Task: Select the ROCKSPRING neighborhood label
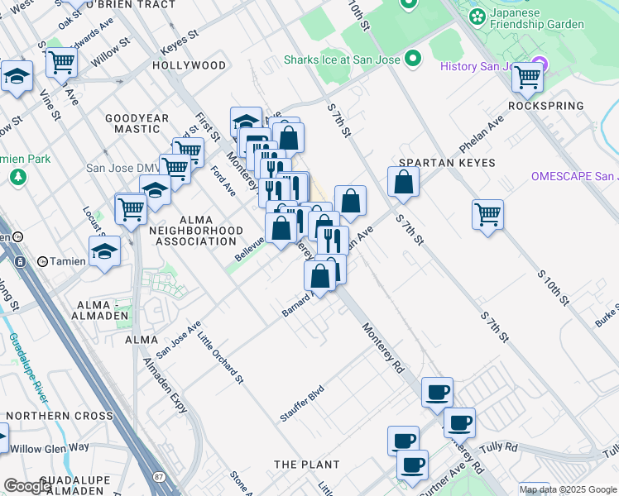[546, 107]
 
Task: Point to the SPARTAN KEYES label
[447, 163]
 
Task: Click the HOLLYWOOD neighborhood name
[190, 65]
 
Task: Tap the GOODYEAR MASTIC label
[132, 124]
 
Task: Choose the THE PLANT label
[306, 465]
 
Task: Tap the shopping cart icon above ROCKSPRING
[527, 77]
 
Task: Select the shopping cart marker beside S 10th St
[487, 214]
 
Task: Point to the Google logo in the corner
[27, 486]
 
